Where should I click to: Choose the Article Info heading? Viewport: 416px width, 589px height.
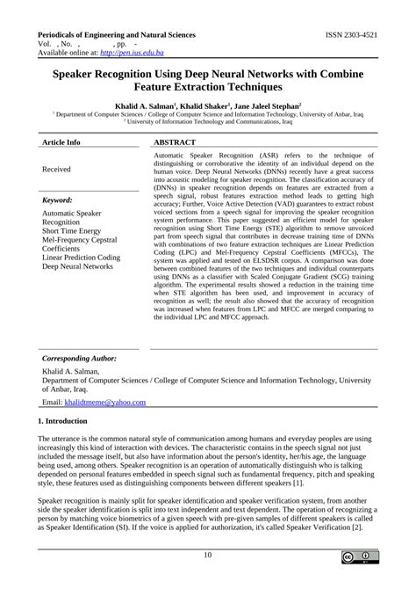coord(61,142)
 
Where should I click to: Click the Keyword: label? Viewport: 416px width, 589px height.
coord(58,200)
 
